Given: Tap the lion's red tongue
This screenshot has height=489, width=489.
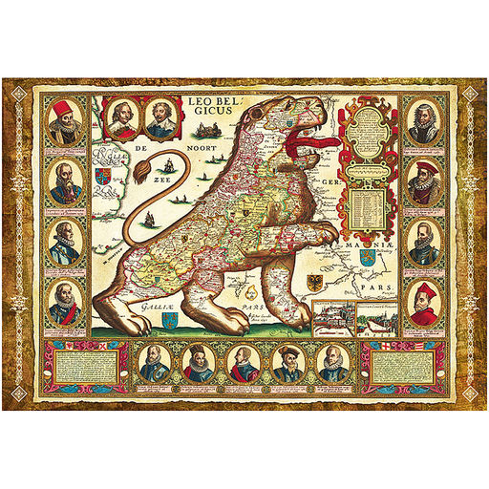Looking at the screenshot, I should (311, 145).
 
